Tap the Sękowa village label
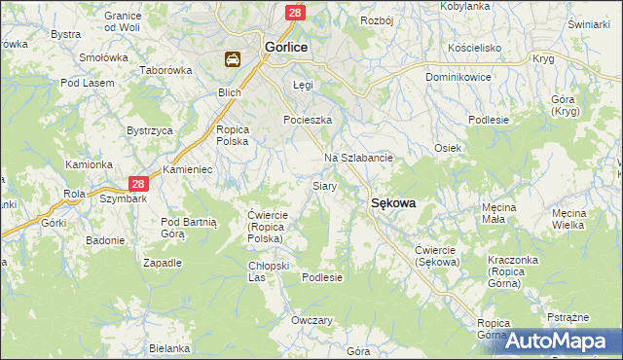(393, 203)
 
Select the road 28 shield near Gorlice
(295, 12)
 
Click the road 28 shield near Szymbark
(138, 184)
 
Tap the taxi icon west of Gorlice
(234, 60)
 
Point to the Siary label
(324, 185)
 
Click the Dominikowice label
(458, 76)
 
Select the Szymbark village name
(122, 198)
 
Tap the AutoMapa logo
(563, 342)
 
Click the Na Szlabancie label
(357, 158)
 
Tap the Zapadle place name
(163, 263)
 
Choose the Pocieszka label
(308, 120)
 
